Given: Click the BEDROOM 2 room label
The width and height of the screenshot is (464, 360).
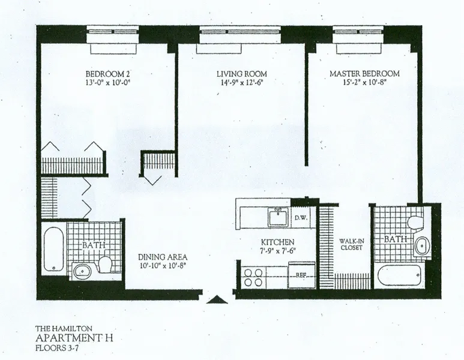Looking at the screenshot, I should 108,74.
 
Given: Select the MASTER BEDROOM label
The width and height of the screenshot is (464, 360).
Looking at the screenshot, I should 364,74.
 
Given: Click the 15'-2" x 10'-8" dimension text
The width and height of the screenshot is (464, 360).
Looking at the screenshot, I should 364,84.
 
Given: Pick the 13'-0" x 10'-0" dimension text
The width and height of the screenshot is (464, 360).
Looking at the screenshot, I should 108,84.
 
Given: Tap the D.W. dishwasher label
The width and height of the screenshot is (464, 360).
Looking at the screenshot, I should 300,218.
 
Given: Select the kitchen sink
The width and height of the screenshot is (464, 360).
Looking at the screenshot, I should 278,216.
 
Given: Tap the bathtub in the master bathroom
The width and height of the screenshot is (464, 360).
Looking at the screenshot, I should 401,277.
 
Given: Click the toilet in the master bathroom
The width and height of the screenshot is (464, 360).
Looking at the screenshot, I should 412,222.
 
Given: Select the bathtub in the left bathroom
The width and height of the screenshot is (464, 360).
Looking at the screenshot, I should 53,248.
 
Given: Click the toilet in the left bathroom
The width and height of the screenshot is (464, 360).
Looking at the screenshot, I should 105,265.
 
